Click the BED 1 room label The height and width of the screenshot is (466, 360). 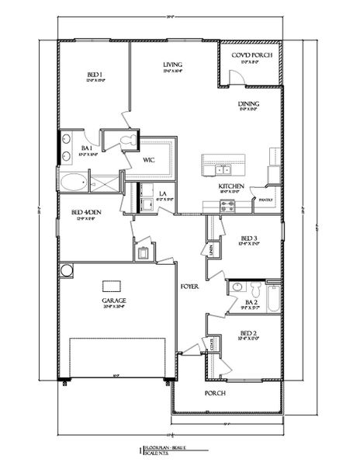(x=94, y=75)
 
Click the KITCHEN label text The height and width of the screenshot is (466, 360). (x=232, y=187)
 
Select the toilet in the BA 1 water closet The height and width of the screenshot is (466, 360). (x=129, y=140)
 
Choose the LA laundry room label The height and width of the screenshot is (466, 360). (x=164, y=193)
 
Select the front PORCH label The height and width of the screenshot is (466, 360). (x=216, y=393)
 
